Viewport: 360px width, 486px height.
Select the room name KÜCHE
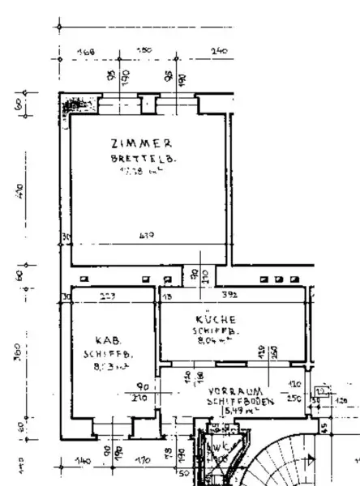(x=215, y=318)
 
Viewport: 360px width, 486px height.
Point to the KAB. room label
(x=107, y=340)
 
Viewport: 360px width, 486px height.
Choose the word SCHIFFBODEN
(x=242, y=401)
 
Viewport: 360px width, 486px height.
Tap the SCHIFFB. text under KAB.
(x=108, y=354)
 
